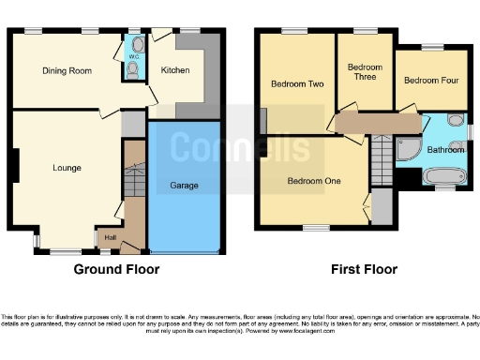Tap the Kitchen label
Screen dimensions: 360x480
(174, 70)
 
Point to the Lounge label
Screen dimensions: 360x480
(67, 169)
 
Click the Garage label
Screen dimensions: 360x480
(184, 186)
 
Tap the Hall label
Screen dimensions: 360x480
(111, 238)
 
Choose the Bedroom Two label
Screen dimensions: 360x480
(297, 84)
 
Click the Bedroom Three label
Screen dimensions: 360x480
(365, 73)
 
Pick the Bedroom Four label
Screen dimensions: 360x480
(429, 81)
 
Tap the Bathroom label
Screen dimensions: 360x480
(445, 149)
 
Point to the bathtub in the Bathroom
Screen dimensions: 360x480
(444, 175)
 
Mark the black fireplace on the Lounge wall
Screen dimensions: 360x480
(14, 167)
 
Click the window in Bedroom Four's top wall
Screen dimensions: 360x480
(432, 47)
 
